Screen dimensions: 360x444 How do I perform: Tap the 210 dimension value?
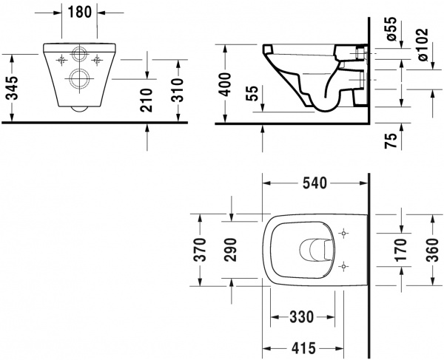click(x=146, y=98)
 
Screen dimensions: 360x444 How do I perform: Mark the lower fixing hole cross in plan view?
click(x=342, y=265)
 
